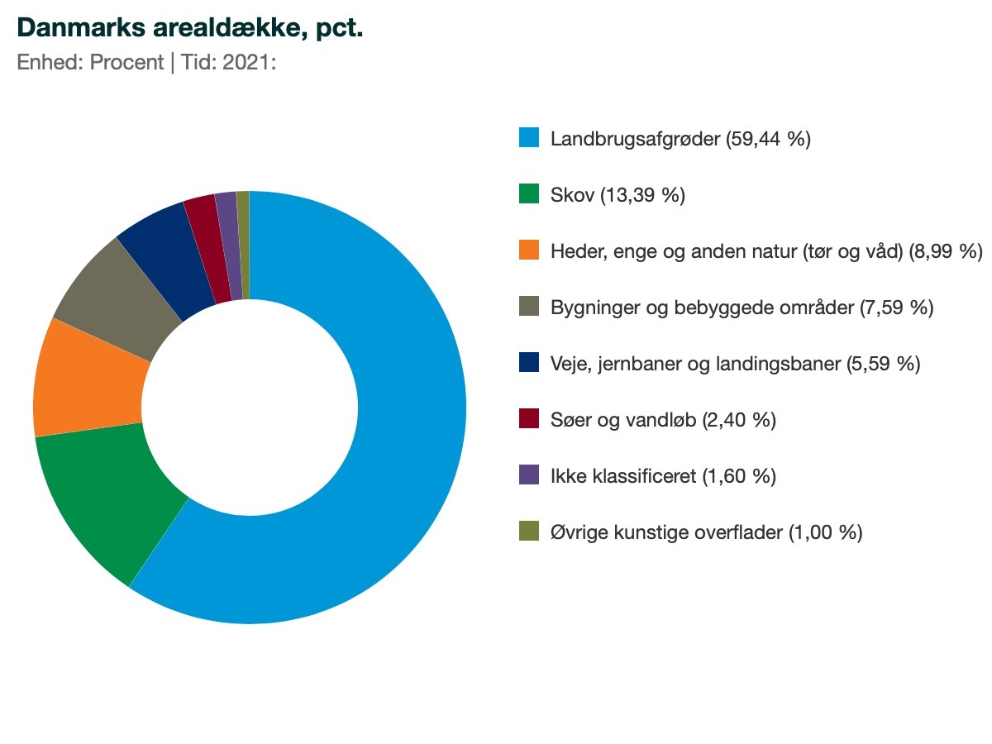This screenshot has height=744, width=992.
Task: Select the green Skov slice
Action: click(x=107, y=496)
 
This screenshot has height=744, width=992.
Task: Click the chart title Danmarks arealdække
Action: click(x=190, y=27)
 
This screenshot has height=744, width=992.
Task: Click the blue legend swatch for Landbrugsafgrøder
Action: click(x=529, y=138)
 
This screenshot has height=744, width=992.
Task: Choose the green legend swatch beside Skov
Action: click(x=529, y=194)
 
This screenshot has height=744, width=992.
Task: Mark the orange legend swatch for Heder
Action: click(x=529, y=250)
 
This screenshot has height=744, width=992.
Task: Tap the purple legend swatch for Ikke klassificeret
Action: click(x=529, y=475)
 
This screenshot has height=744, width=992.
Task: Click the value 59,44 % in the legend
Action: click(x=768, y=139)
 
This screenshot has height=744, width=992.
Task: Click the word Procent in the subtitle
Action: click(x=126, y=63)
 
